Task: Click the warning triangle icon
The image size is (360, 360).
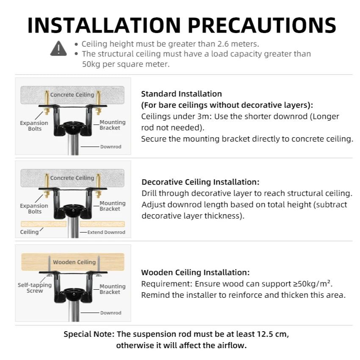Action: [x=58, y=48]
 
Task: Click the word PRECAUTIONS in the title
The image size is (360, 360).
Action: [x=262, y=25]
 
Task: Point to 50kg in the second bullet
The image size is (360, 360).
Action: [x=91, y=64]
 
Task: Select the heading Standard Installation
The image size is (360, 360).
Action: [x=181, y=94]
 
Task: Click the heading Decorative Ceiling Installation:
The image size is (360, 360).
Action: [x=200, y=182]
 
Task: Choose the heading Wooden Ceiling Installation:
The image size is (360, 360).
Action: [x=195, y=272]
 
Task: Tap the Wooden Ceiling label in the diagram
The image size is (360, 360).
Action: [x=74, y=262]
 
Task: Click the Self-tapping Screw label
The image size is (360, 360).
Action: [x=35, y=288]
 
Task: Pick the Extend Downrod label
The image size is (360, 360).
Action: [x=106, y=232]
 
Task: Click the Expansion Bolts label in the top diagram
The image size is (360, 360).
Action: [x=34, y=126]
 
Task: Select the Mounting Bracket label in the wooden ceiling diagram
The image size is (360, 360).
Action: [x=113, y=289]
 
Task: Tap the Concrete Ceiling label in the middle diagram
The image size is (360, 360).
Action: [x=72, y=178]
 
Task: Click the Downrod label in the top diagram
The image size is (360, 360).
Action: [x=111, y=147]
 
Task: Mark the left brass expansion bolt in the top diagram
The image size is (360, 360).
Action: [x=47, y=102]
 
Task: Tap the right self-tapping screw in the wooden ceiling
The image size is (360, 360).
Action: [x=99, y=266]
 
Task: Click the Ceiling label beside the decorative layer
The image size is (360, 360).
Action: [x=29, y=232]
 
